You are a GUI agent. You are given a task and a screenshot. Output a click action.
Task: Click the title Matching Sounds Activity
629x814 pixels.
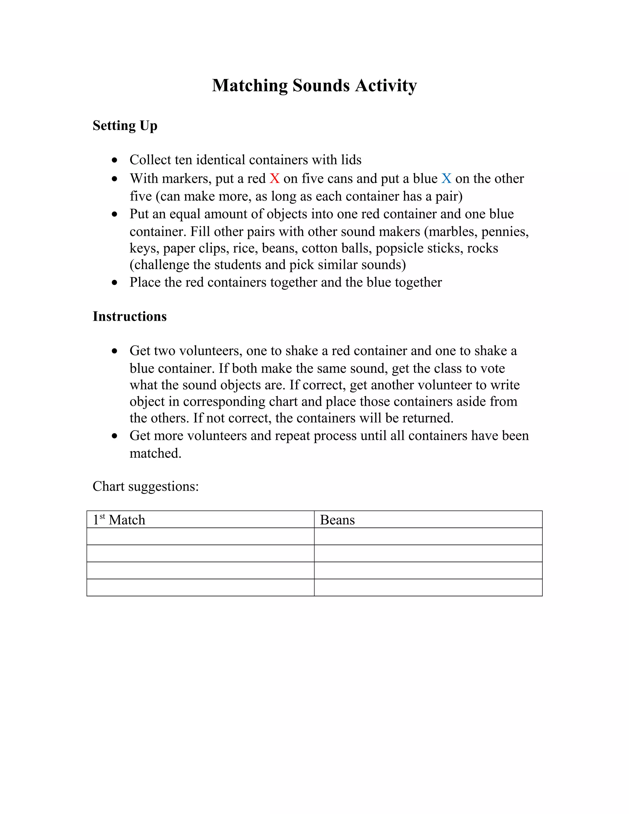tap(314, 85)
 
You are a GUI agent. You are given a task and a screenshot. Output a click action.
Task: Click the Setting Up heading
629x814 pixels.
tap(125, 126)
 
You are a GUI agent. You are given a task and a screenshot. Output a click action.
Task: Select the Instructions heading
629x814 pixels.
tap(129, 316)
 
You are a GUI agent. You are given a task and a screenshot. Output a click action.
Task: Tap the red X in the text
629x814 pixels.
tap(275, 178)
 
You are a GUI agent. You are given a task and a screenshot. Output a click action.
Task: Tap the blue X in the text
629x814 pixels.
tap(446, 178)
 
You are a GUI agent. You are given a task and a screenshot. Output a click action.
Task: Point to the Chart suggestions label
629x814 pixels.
tap(145, 486)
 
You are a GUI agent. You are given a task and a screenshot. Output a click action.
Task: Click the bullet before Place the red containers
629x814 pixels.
tap(114, 283)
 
